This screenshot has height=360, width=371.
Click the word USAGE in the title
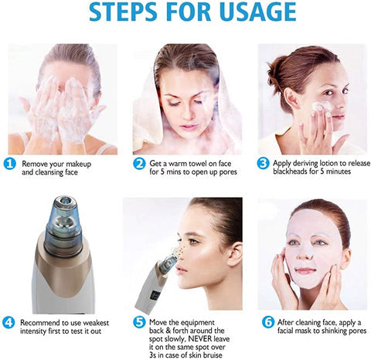pos(257,13)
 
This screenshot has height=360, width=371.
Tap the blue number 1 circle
pos(10,165)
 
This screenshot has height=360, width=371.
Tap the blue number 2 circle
pos(139,164)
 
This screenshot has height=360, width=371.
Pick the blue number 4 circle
pos(10,321)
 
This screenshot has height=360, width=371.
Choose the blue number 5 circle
pos(139,321)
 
